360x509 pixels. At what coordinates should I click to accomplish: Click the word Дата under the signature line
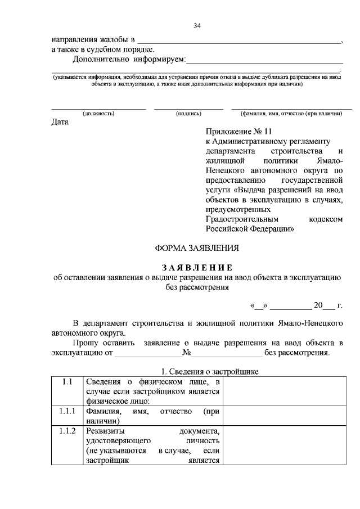coord(60,122)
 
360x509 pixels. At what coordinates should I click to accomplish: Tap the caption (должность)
coord(98,113)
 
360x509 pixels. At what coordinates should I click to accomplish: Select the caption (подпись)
coord(188,113)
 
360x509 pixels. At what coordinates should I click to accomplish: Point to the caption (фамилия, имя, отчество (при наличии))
coord(291,113)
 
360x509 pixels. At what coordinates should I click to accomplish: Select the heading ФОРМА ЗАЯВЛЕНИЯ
coord(197,247)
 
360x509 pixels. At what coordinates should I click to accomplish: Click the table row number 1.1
coord(67,382)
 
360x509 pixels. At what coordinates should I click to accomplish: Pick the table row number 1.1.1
coord(67,412)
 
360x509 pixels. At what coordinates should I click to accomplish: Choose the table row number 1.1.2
coord(67,431)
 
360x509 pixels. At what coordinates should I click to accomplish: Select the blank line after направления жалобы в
coord(239,41)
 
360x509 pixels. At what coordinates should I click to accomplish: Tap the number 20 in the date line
coord(318,305)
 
